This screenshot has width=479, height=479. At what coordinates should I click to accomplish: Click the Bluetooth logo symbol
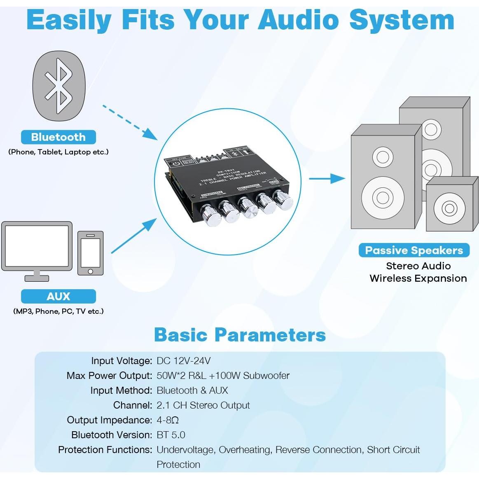pyautogui.click(x=59, y=86)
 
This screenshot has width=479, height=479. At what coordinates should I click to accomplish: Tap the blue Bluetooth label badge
pyautogui.click(x=58, y=137)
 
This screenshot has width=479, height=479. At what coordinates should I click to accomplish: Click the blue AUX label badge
pyautogui.click(x=58, y=296)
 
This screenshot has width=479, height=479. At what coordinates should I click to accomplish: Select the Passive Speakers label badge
pyautogui.click(x=414, y=250)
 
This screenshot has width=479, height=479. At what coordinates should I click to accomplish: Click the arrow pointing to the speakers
pyautogui.click(x=327, y=178)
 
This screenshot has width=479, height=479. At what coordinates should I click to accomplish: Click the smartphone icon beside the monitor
pyautogui.click(x=91, y=253)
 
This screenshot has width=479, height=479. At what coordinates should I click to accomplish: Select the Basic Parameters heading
pyautogui.click(x=240, y=335)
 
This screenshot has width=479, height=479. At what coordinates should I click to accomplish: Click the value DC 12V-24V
pyautogui.click(x=184, y=361)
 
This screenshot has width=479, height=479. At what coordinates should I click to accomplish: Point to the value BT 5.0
pyautogui.click(x=171, y=435)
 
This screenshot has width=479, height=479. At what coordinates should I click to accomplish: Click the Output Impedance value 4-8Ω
pyautogui.click(x=168, y=420)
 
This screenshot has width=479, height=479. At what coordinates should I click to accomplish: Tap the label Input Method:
pyautogui.click(x=121, y=390)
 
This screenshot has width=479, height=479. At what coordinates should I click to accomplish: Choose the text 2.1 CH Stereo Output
pyautogui.click(x=203, y=405)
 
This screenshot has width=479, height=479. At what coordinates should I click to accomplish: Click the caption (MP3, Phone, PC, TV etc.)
pyautogui.click(x=58, y=311)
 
